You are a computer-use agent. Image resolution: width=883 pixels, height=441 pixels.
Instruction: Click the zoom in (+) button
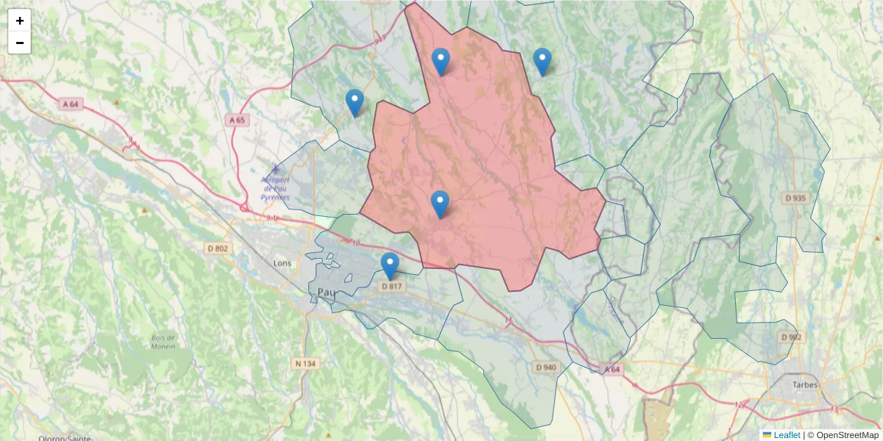coord(20,21)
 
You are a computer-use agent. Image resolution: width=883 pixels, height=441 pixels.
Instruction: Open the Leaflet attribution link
coord(786,435)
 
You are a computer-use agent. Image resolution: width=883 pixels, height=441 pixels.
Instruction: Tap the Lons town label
coord(282,262)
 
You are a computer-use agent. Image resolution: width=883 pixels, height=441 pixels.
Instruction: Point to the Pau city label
coord(326,293)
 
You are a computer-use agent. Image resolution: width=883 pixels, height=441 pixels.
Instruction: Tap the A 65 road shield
coord(237,120)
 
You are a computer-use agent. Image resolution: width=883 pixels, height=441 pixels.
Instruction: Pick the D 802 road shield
coord(218,248)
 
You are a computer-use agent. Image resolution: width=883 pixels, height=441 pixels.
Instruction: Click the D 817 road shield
coord(392,286)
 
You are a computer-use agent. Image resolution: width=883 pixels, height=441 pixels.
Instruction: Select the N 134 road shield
coord(305,363)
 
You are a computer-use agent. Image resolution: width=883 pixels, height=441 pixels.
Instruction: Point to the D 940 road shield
coord(547,367)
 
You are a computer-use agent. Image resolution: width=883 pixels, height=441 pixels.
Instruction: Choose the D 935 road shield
coord(795,198)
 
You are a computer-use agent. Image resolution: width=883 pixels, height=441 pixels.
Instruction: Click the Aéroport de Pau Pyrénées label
coord(276,188)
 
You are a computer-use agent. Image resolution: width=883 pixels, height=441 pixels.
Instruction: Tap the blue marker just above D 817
coord(390,265)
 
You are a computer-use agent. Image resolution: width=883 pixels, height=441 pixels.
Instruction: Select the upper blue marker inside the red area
coord(441,61)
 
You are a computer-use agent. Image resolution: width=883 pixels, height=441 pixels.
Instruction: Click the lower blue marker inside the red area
coord(440,204)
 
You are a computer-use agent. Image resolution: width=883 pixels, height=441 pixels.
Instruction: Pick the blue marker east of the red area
coord(542,61)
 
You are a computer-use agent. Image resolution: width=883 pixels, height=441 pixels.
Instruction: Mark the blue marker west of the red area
coord(355,102)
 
